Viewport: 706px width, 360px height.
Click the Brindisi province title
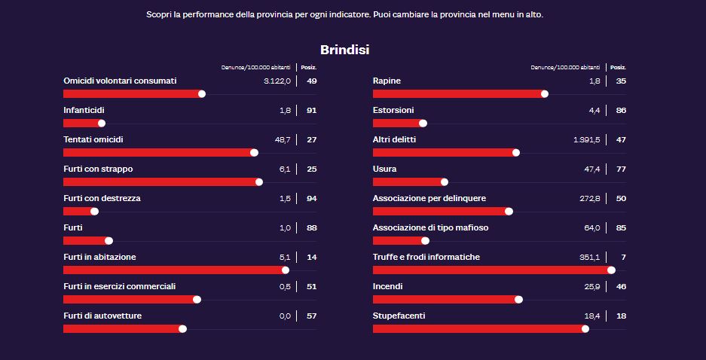coord(344,50)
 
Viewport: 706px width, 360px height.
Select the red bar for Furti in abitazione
coord(173,270)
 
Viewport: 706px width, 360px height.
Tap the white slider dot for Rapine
coord(544,93)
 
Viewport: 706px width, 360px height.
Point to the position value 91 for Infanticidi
coord(311,110)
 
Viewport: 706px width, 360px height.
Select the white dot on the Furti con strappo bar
coord(259,182)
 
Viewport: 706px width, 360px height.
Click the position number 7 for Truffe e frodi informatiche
coord(623,257)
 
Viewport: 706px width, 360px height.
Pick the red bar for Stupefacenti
coord(478,328)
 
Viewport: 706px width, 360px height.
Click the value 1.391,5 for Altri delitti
coord(586,139)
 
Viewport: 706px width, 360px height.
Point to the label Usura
coord(384,169)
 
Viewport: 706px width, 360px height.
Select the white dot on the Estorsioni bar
coord(423,123)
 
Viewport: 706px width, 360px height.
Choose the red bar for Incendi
coord(445,299)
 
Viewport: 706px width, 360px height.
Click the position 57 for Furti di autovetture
coord(311,316)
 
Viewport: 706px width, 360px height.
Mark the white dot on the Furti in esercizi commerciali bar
coord(197,299)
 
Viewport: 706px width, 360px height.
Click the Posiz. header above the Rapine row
coord(617,67)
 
